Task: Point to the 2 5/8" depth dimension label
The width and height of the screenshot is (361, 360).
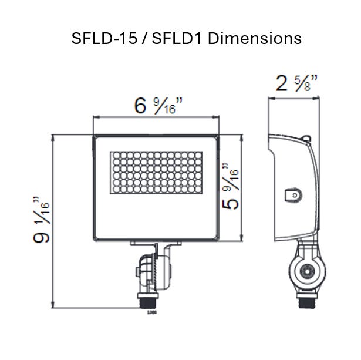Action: [296, 85]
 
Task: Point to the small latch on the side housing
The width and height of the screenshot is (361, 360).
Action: [292, 195]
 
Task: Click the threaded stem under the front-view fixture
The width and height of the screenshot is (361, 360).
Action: [144, 300]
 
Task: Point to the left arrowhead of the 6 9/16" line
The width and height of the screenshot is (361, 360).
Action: [96, 118]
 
